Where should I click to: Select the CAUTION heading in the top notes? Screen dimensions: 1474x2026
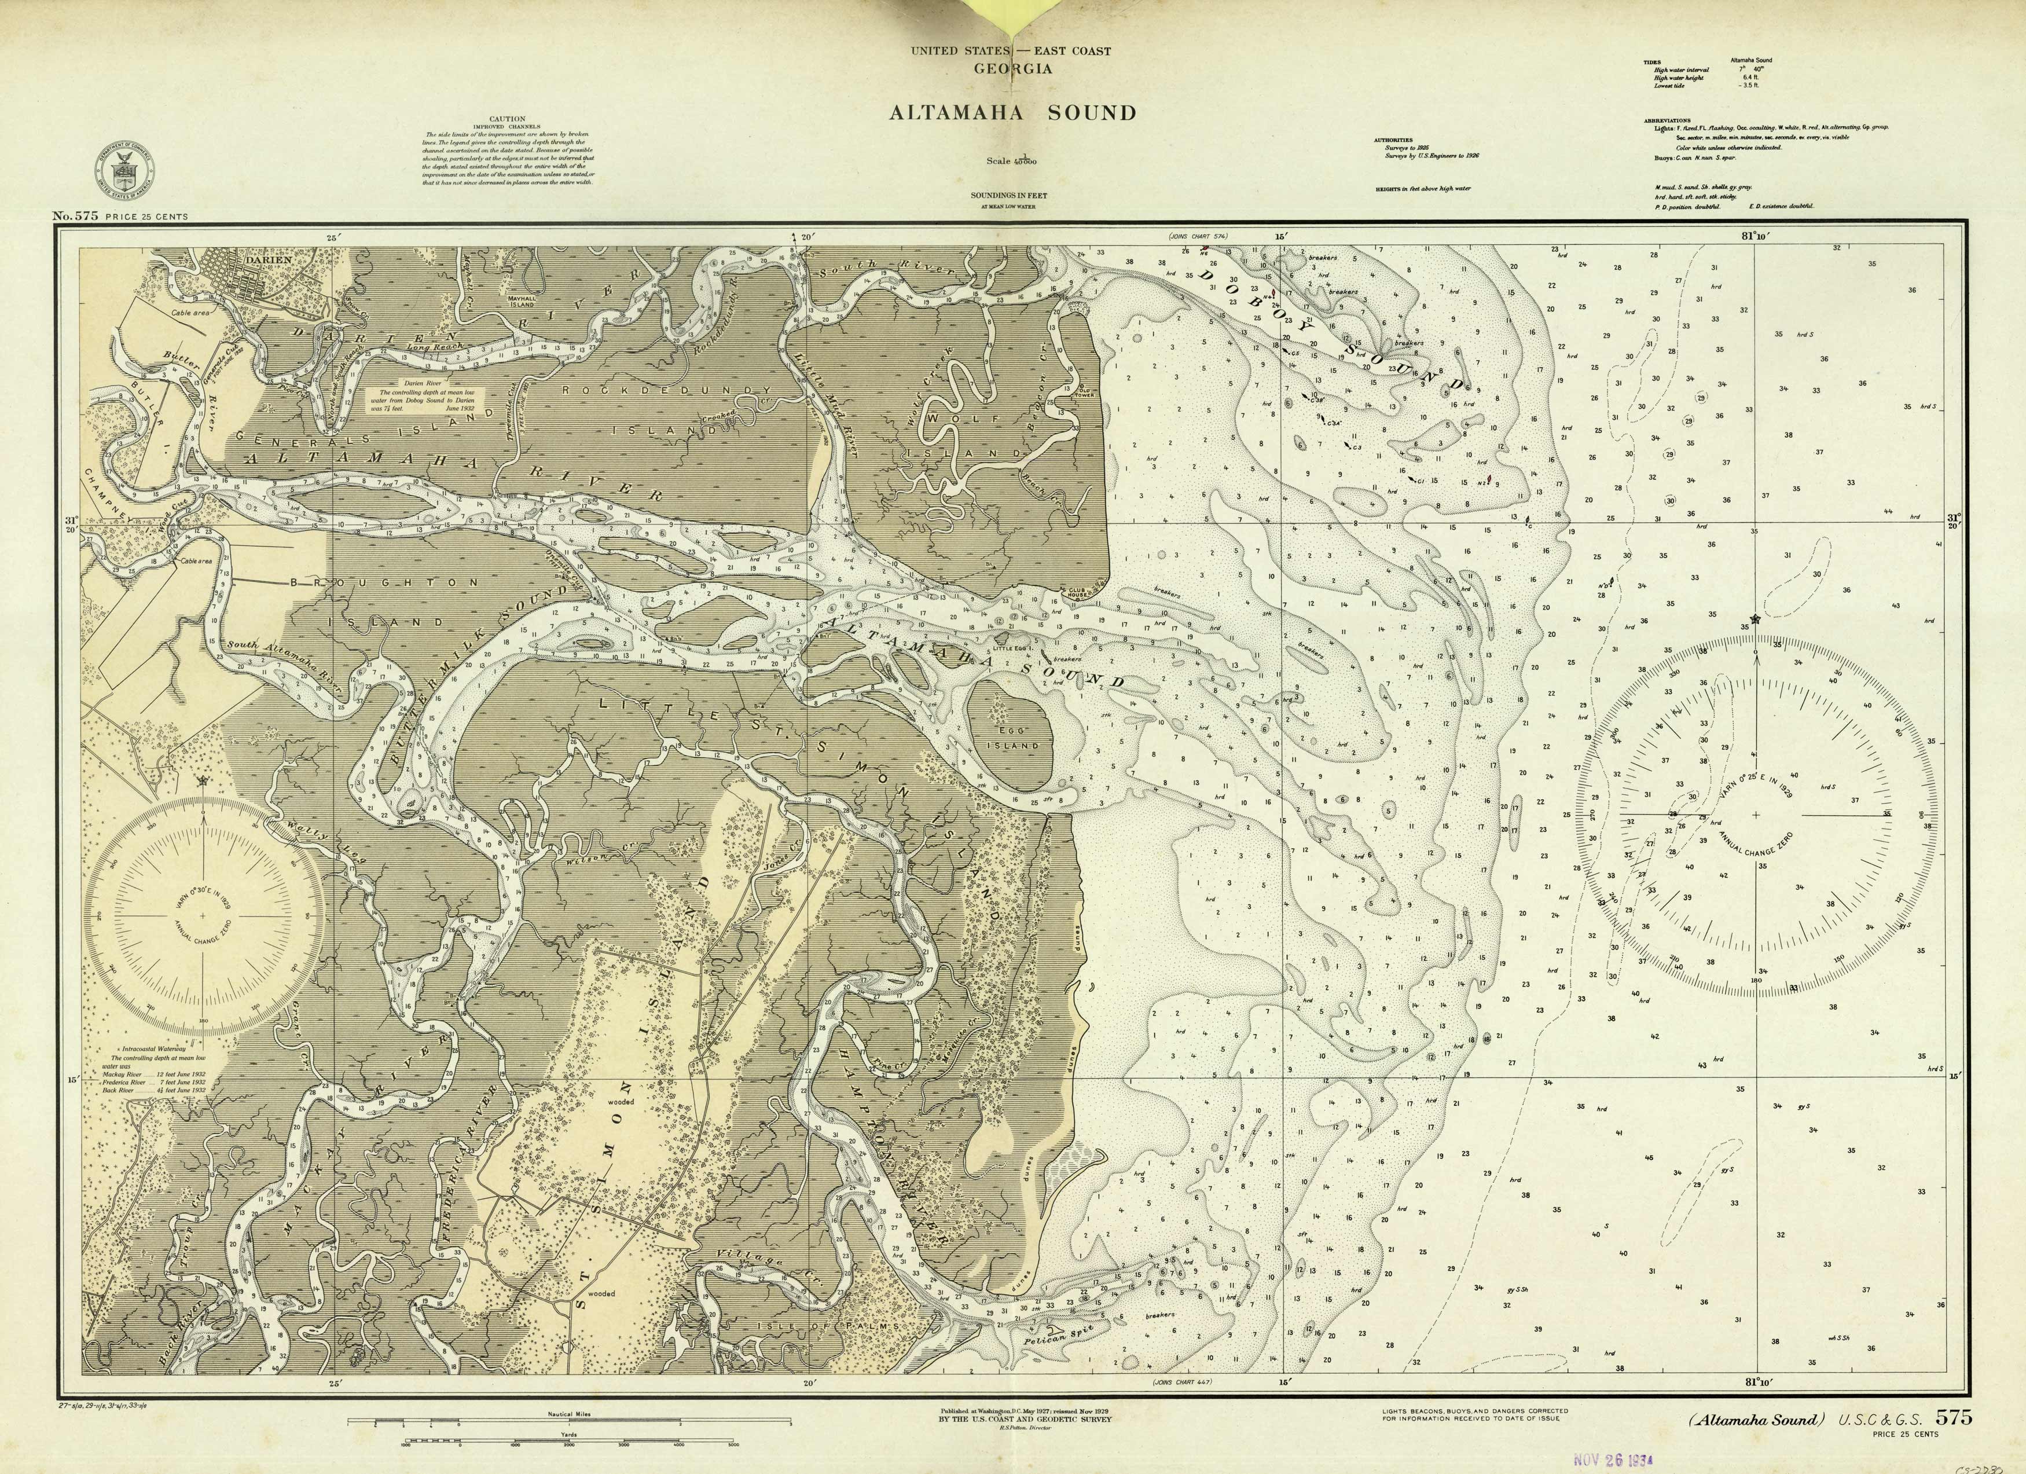506,119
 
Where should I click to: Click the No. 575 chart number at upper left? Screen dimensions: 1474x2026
75,215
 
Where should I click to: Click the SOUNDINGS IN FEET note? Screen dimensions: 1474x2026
1008,195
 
